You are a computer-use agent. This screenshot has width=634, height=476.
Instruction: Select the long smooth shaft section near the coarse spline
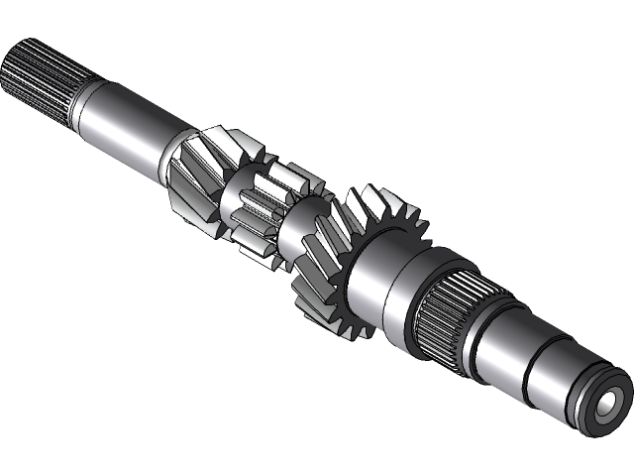[x=124, y=130]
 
